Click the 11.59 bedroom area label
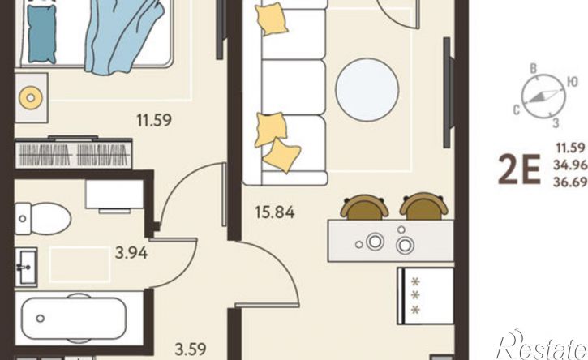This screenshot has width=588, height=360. coord(154,120)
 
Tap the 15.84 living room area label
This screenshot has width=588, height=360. coord(275,212)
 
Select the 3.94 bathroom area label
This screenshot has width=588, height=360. coord(131,253)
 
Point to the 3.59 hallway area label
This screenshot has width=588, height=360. coord(191,349)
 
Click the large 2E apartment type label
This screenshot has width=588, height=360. coord(519,170)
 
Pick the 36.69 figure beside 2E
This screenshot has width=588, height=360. coord(570,182)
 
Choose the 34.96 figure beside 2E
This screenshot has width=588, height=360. coord(570,165)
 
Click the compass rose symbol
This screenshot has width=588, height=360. coord(543,96)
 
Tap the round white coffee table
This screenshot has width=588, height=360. coord(367,90)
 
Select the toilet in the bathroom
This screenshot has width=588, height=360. coord(43,219)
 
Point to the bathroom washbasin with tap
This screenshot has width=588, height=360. coord(26,267)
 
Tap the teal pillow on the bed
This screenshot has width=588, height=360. coord(42,33)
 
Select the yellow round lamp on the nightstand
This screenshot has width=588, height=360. coord(31,98)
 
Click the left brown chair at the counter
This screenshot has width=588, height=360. coord(364,207)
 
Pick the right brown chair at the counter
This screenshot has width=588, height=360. coord(423,206)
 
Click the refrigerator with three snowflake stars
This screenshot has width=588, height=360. coord(426,295)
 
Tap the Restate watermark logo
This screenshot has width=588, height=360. coord(542,345)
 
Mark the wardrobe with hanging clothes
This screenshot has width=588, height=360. coord(74,153)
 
